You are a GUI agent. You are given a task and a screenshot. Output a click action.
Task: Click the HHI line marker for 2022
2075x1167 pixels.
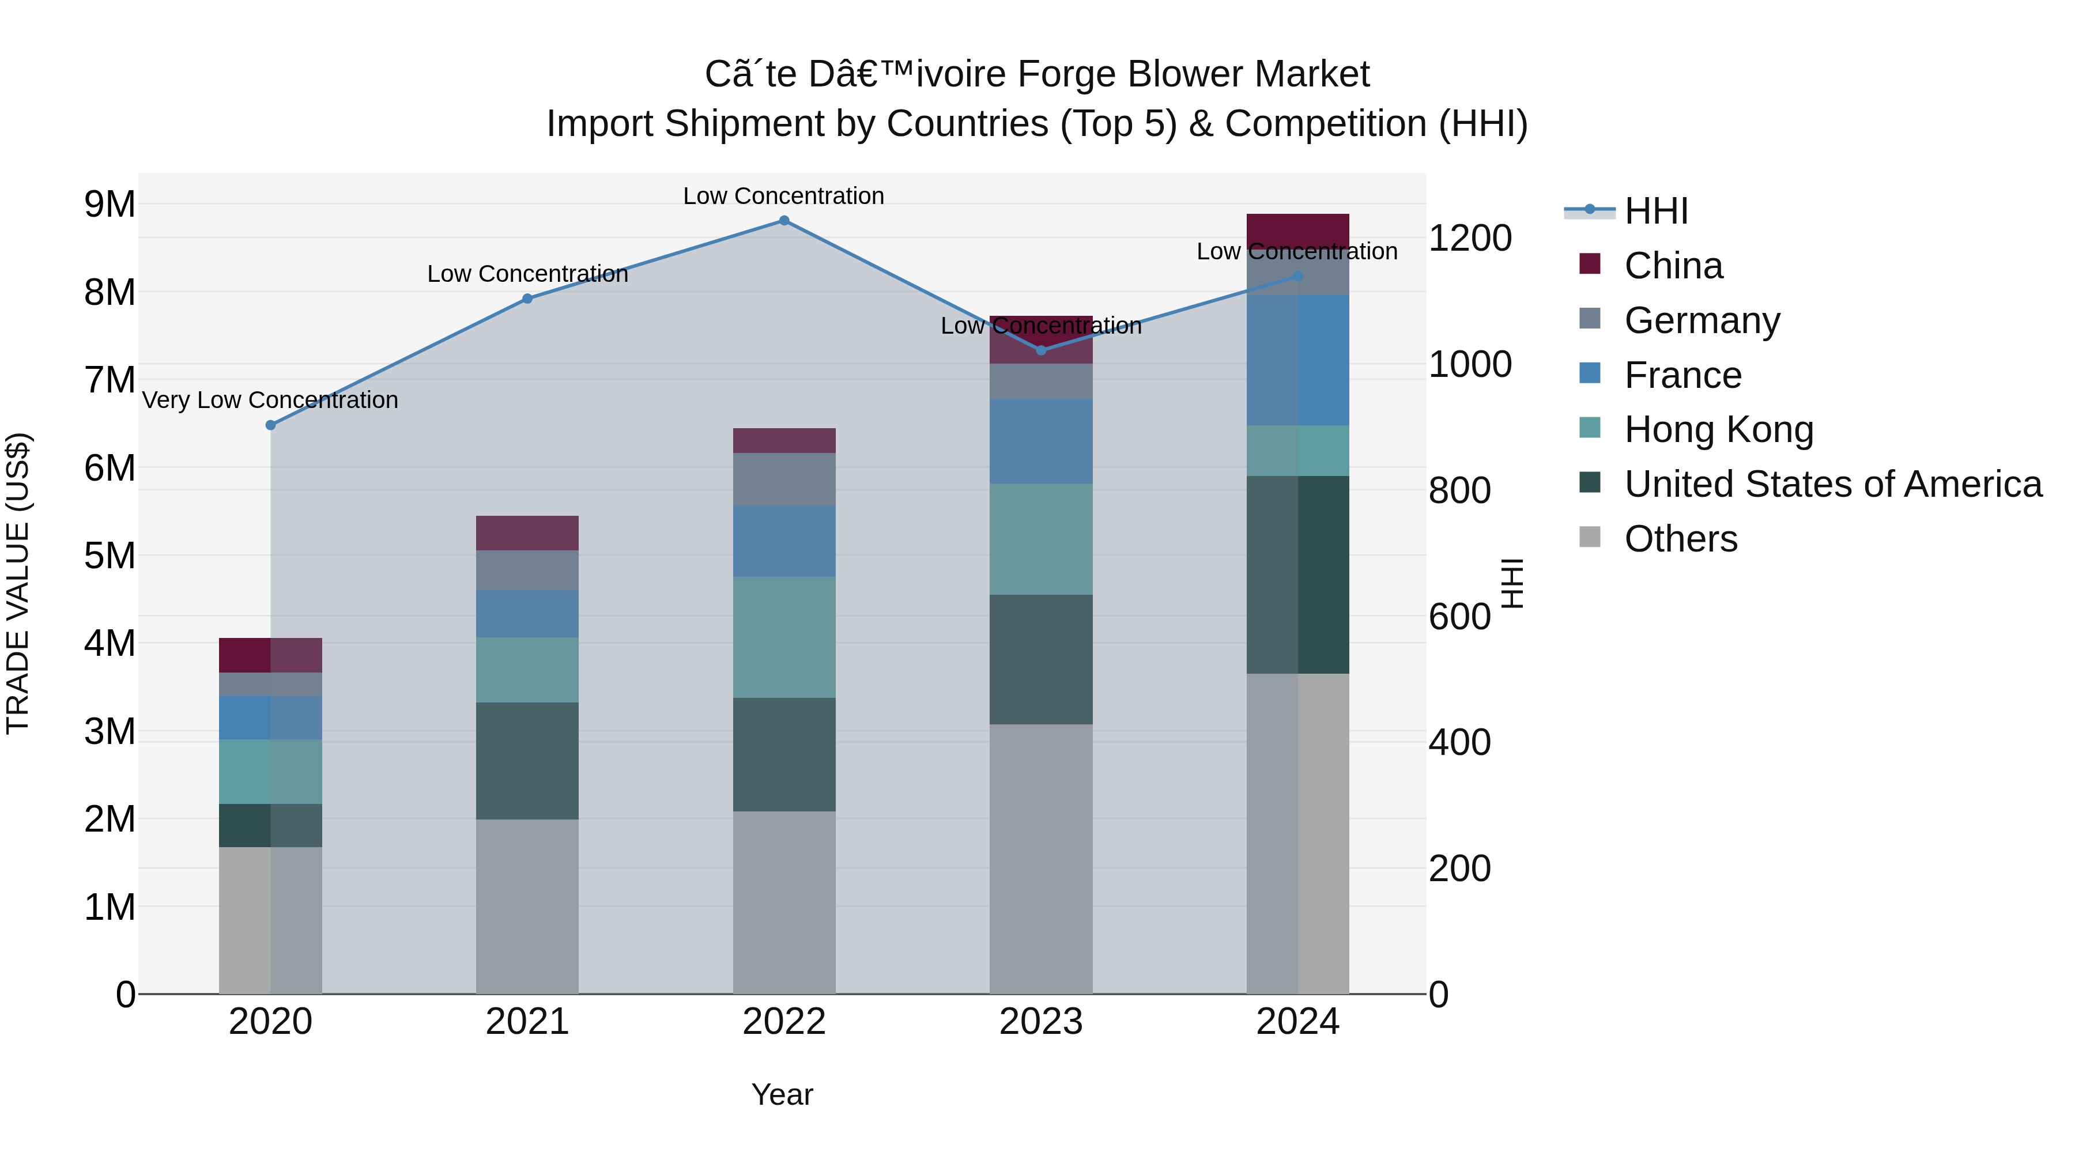point(784,221)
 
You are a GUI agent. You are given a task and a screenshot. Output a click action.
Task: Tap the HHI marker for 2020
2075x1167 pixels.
point(271,425)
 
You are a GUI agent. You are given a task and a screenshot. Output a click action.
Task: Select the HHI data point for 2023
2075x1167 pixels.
point(1041,350)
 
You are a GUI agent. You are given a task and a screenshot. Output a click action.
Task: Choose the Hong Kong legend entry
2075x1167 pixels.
point(1718,429)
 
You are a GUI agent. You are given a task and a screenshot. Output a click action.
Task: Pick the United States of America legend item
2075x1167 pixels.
point(1832,484)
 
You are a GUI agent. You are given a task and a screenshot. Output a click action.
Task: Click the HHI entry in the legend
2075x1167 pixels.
point(1655,211)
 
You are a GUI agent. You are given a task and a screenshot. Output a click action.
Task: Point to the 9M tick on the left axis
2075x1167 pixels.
point(110,204)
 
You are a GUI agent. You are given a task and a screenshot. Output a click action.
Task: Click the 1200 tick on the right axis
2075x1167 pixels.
point(1469,239)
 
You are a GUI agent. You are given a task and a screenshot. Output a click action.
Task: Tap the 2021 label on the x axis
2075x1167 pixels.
point(527,1022)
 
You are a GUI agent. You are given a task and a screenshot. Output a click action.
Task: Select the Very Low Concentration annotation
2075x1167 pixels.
point(271,401)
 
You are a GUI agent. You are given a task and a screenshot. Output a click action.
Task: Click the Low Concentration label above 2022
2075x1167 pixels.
point(784,197)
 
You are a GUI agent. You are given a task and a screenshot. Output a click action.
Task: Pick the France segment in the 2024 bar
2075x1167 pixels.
point(1297,360)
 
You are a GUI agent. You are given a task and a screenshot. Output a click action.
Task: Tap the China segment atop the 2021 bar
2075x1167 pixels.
point(527,533)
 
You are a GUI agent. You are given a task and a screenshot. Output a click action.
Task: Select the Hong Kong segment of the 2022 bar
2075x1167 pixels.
point(784,637)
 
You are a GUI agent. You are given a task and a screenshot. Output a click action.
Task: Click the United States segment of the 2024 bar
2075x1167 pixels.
point(1297,574)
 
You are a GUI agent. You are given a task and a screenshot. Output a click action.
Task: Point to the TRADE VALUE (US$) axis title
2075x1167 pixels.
point(18,583)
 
